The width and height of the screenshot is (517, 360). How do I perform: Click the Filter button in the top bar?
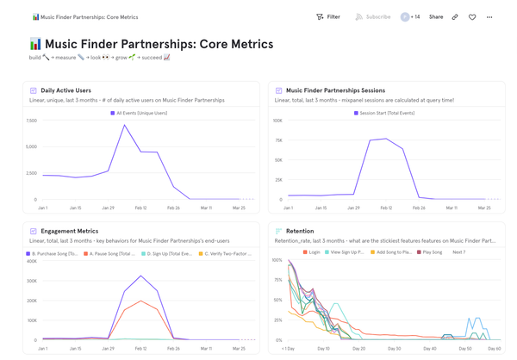pyautogui.click(x=328, y=17)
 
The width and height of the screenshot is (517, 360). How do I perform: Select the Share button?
pyautogui.click(x=436, y=17)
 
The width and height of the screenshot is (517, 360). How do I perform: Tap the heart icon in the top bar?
pyautogui.click(x=472, y=17)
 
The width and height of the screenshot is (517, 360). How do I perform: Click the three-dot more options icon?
pyautogui.click(x=489, y=17)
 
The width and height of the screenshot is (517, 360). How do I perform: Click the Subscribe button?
pyautogui.click(x=372, y=17)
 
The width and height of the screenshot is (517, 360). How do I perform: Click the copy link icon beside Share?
pyautogui.click(x=455, y=17)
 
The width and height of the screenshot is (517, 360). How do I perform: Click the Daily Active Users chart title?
pyautogui.click(x=65, y=90)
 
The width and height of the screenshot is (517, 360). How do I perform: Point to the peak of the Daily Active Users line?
pyautogui.click(x=125, y=126)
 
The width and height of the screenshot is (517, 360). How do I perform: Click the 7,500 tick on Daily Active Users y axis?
pyautogui.click(x=31, y=121)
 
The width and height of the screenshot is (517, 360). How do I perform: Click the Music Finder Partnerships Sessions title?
pyautogui.click(x=335, y=90)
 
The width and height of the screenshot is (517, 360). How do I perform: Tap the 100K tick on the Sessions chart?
pyautogui.click(x=277, y=121)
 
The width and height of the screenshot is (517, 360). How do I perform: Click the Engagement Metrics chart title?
pyautogui.click(x=69, y=231)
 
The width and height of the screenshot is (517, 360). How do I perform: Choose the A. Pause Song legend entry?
pyautogui.click(x=110, y=254)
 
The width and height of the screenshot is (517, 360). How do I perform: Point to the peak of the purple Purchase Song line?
pyautogui.click(x=141, y=276)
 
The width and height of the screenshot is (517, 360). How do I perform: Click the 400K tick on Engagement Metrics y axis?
pyautogui.click(x=32, y=261)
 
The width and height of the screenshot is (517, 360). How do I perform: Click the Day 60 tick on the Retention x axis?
pyautogui.click(x=494, y=349)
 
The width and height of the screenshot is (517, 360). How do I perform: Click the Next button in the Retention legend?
pyautogui.click(x=459, y=252)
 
